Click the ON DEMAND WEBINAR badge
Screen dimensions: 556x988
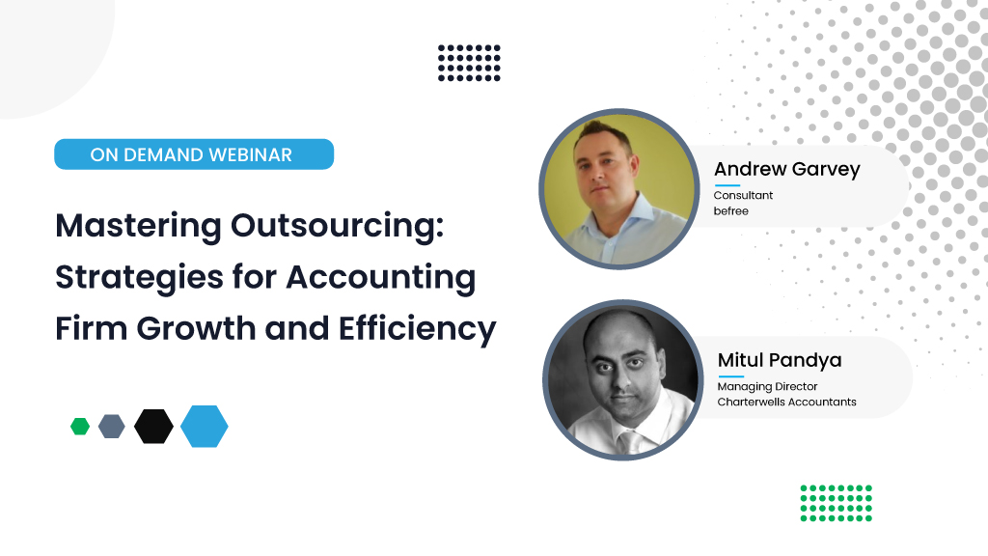[193, 154]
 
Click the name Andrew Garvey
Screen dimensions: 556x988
[786, 170]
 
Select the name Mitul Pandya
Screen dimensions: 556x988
[780, 360]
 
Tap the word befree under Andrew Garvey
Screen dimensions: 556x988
[730, 210]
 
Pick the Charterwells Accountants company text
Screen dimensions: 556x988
[786, 402]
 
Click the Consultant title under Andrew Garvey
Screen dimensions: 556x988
[743, 196]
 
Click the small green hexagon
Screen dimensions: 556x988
[80, 426]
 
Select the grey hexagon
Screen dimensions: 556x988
[112, 426]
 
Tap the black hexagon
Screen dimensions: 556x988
[153, 426]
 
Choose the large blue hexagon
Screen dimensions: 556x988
[205, 426]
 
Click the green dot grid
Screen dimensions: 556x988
[836, 503]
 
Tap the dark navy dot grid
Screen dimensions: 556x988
[469, 63]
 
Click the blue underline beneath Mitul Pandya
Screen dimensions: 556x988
[730, 376]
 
